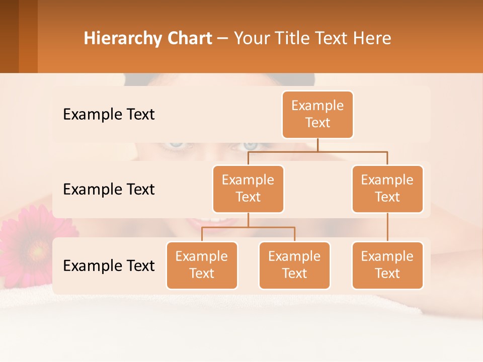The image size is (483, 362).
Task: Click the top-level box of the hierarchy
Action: click(317, 114)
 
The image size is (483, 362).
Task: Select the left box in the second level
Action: click(248, 189)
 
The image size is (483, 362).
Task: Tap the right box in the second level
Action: click(387, 189)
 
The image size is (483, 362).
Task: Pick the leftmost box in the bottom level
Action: click(202, 265)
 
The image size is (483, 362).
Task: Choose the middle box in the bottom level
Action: click(294, 265)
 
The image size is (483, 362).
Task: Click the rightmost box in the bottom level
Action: click(387, 265)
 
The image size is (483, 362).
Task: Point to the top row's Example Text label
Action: click(109, 114)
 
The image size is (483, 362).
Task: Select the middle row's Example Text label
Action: click(109, 189)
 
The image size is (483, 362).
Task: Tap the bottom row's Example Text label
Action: click(109, 265)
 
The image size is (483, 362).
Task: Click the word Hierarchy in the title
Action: click(121, 38)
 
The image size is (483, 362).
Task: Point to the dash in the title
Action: click(223, 39)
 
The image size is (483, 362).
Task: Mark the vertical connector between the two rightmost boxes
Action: click(387, 227)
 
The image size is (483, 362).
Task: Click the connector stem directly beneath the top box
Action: click(317, 145)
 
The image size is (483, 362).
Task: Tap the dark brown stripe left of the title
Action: click(9, 36)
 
